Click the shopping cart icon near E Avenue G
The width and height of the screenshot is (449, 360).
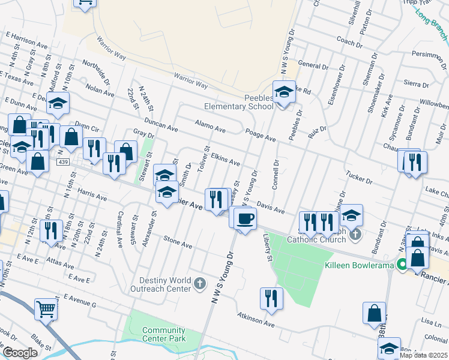point(46,310)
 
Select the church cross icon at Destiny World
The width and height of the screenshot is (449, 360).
point(199,283)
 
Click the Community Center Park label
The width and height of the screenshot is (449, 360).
point(164,334)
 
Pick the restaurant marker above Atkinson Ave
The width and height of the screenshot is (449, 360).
point(271,299)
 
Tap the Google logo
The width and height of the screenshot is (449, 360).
point(20,352)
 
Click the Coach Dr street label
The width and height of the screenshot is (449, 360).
point(350,43)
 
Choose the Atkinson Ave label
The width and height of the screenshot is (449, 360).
point(256,320)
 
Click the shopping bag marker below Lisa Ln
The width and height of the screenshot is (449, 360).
point(374,313)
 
